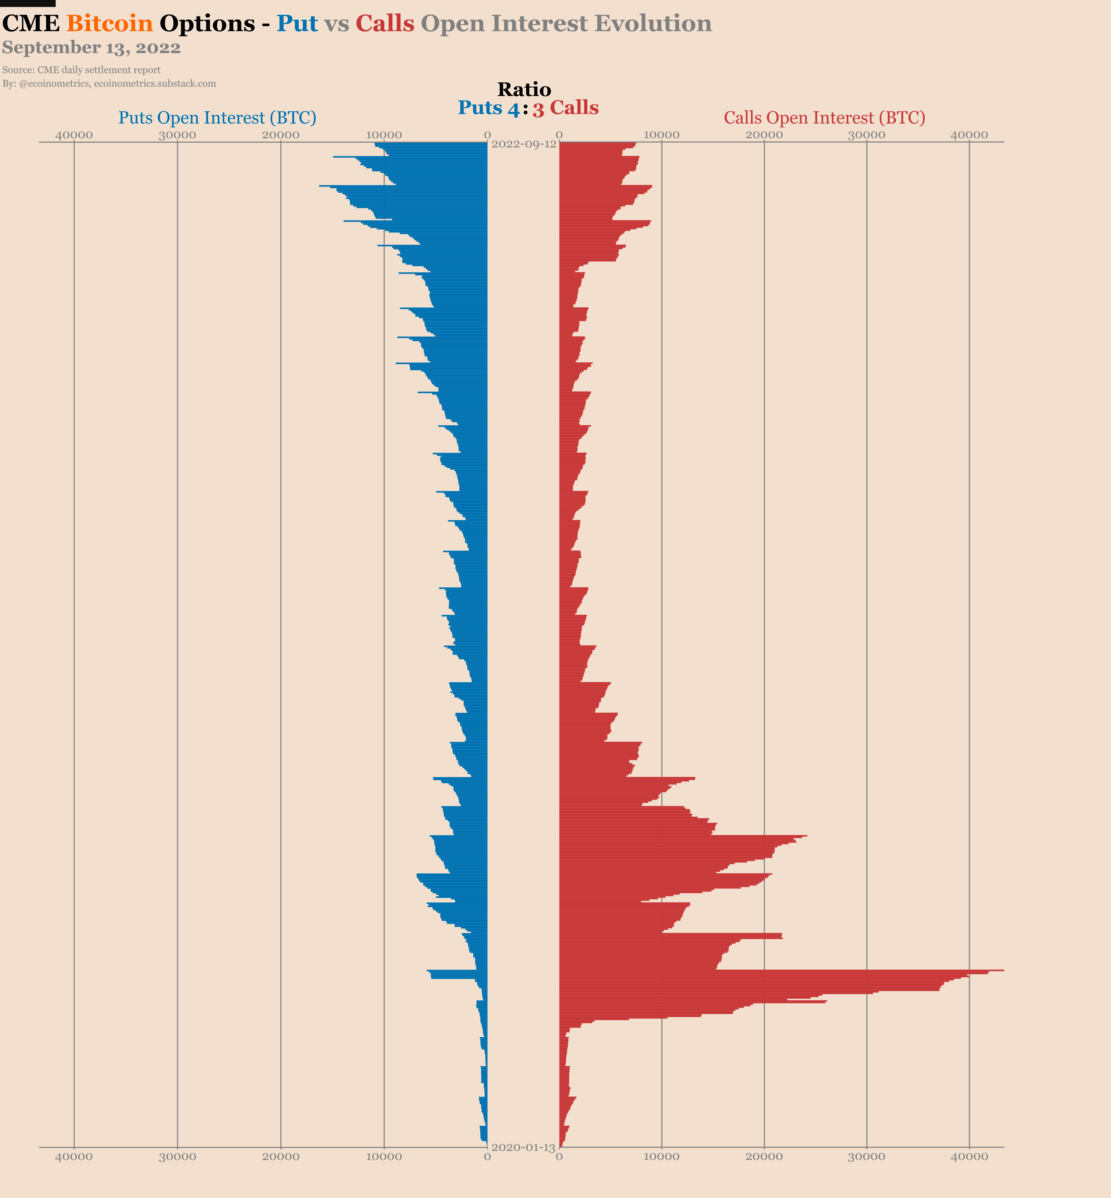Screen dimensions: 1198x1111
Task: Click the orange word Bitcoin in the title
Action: (109, 24)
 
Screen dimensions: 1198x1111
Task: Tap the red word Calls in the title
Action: (385, 24)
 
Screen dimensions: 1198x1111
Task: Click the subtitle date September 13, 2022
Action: (91, 48)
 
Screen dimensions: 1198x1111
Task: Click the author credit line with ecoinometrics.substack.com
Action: (109, 84)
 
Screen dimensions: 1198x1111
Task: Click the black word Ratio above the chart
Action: (524, 89)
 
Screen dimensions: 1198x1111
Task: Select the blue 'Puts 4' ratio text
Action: (488, 108)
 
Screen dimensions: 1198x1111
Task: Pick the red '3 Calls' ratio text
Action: (565, 108)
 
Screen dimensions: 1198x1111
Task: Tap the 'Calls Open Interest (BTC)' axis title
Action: (824, 118)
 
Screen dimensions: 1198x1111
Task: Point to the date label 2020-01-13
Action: (523, 1148)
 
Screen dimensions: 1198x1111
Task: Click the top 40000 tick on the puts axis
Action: (74, 135)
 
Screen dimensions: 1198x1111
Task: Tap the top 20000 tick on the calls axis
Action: (764, 135)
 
